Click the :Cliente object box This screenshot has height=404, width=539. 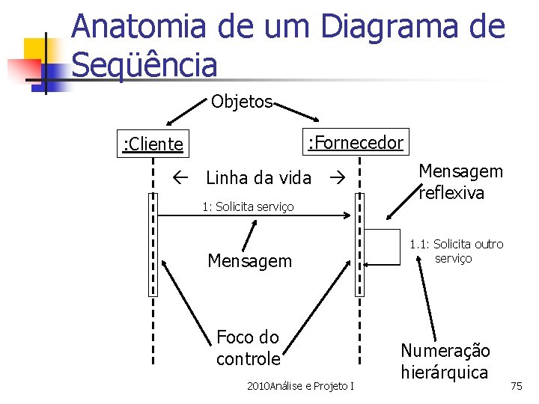[x=153, y=144]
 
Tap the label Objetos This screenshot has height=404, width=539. [x=241, y=102]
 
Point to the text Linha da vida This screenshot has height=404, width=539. [x=258, y=178]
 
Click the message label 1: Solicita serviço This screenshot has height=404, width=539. [x=248, y=206]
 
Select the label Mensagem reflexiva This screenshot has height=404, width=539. [x=460, y=182]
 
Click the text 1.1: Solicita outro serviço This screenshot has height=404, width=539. [x=457, y=251]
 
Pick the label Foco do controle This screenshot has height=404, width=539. [x=248, y=347]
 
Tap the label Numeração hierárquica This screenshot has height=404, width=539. [x=445, y=361]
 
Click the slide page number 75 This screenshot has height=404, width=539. [x=517, y=386]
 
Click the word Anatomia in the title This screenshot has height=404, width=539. [x=138, y=27]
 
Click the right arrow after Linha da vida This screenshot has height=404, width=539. [x=334, y=178]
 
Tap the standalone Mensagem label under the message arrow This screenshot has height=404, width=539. [x=249, y=261]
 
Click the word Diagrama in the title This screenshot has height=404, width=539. [x=383, y=27]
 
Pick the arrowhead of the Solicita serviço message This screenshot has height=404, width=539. [x=347, y=216]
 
